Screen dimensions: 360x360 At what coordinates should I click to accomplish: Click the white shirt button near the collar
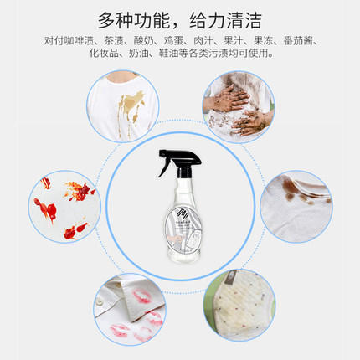pos(99,295)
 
